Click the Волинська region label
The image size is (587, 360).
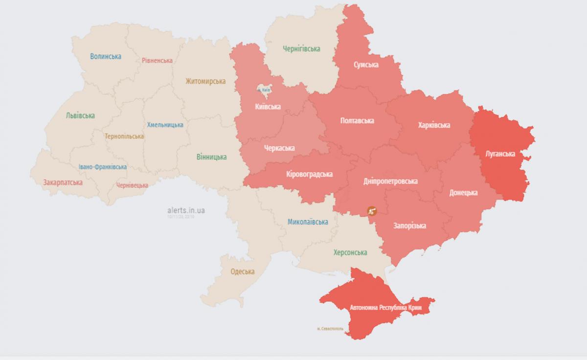106,57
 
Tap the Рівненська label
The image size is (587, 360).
157,61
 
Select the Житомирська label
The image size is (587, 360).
205,82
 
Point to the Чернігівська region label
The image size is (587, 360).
301,49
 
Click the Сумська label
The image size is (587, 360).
366,65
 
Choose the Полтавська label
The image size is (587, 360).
357,120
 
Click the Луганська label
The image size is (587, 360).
499,154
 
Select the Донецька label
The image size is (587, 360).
463,193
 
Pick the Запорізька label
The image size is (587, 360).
409,226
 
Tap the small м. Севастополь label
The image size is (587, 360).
331,329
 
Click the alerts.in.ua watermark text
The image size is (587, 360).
186,210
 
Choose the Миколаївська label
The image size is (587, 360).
308,222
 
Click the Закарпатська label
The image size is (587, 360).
63,182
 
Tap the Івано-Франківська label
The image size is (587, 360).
103,167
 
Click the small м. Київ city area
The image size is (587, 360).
265,90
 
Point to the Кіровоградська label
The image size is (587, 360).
309,174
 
